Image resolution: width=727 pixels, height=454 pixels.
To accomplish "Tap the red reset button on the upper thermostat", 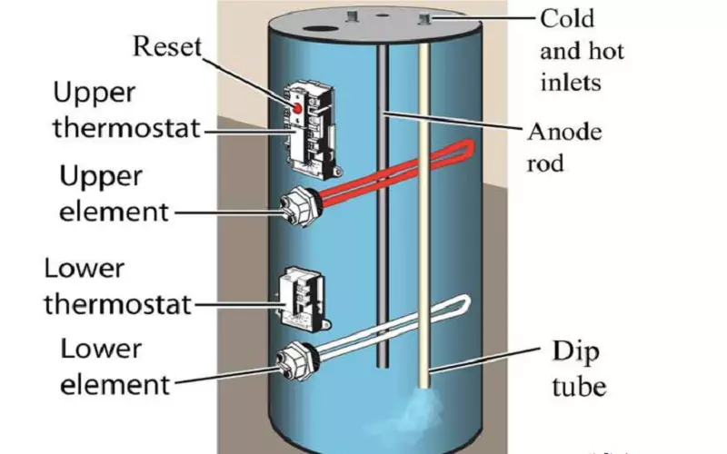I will click(296, 108).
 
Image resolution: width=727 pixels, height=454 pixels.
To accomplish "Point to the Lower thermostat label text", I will click(118, 287).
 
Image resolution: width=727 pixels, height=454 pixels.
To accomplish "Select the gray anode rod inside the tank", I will click(386, 227).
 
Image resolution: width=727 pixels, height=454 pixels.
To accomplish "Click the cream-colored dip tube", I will click(424, 227).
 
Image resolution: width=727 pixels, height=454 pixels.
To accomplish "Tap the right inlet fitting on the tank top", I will click(424, 16).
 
